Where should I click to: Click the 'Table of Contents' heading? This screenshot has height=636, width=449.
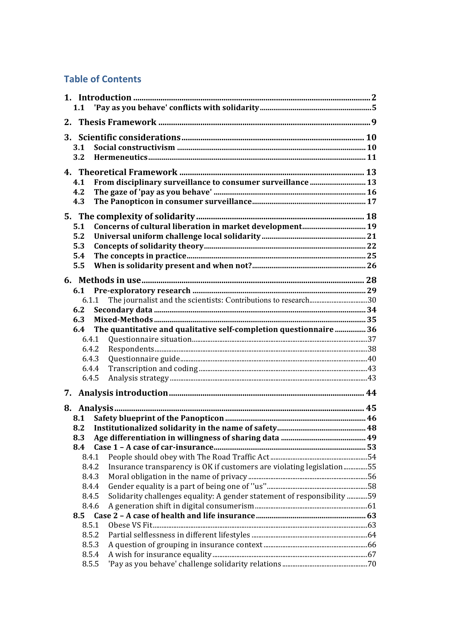coord(102,79)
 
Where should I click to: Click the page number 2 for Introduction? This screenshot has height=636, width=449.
coord(374,97)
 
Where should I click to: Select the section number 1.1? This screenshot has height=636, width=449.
coord(79,108)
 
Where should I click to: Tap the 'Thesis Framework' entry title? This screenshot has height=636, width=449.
coord(117,122)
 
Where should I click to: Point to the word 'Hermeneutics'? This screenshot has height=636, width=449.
coord(121,157)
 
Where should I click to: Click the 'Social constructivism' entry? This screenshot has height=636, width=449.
coord(134,147)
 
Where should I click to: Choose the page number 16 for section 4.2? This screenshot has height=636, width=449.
coord(372,192)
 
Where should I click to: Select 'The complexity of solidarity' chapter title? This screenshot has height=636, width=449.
coord(137,216)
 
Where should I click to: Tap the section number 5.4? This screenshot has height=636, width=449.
coord(79,256)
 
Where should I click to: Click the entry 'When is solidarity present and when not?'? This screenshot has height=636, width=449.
coord(173,266)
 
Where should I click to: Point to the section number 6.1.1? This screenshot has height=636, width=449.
coord(90,300)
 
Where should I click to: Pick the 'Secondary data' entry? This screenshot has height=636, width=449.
coord(123,310)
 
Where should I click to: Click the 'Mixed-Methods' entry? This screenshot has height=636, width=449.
coord(123,320)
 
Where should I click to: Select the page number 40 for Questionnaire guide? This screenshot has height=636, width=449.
coord(372,359)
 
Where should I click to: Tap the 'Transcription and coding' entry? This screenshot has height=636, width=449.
coord(153,369)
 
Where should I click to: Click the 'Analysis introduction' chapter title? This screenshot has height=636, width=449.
coord(123,393)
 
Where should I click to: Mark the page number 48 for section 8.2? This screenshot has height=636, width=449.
coord(372,428)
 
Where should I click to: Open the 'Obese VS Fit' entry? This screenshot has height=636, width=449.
coord(130,525)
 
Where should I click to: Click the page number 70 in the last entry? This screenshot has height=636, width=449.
coord(372,564)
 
